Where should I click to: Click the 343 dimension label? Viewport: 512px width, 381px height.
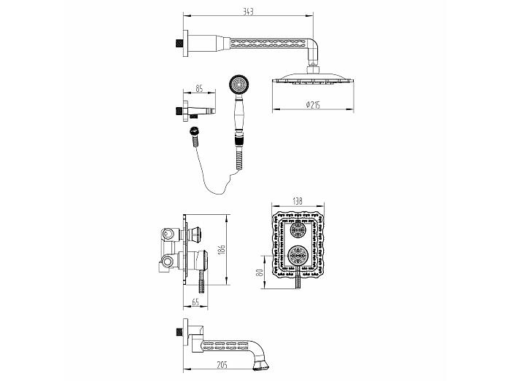249,12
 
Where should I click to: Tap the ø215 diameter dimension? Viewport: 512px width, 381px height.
313,105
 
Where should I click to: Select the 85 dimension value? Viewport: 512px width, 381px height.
199,88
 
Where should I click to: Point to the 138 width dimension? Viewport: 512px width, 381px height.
298,201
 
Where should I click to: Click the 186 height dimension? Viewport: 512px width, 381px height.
222,250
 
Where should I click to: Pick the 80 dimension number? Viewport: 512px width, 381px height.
260,272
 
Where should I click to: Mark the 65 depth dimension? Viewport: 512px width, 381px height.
195,302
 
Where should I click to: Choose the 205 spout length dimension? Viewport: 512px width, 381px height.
222,365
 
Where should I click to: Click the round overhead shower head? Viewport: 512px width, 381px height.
313,80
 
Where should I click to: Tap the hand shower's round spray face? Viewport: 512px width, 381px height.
239,85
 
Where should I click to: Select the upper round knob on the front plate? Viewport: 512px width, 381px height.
298,229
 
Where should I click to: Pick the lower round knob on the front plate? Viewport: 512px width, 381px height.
297,255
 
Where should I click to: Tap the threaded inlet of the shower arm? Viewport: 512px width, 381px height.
179,44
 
